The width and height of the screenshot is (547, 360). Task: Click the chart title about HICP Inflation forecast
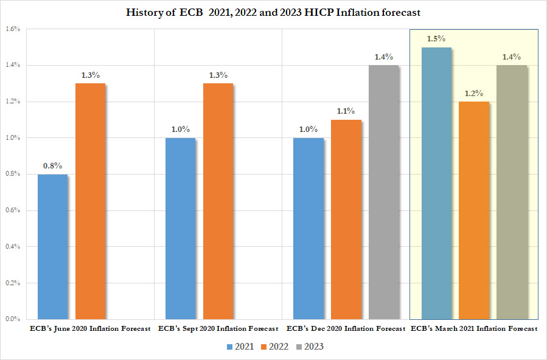(273, 13)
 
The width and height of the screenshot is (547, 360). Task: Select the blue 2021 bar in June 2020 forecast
(52, 246)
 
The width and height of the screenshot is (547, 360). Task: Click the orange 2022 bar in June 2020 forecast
(90, 201)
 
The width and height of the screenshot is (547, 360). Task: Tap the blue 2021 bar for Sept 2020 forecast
(180, 228)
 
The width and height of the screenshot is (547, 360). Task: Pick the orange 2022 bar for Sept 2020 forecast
(218, 201)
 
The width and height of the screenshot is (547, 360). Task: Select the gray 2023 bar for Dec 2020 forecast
(383, 192)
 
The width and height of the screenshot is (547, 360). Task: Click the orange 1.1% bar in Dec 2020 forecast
(346, 219)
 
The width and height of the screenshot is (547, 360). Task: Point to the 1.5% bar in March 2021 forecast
(436, 182)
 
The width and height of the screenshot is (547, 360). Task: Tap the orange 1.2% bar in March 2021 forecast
(473, 210)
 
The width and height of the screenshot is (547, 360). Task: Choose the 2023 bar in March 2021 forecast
(512, 192)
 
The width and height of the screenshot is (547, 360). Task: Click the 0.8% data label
(52, 165)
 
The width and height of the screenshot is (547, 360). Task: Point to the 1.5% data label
(436, 38)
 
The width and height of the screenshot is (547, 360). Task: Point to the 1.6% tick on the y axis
(13, 29)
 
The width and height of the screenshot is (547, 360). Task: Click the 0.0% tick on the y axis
(13, 319)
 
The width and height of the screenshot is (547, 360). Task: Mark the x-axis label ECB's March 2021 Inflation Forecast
(474, 328)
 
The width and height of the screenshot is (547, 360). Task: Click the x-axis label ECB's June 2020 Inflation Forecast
(90, 328)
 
